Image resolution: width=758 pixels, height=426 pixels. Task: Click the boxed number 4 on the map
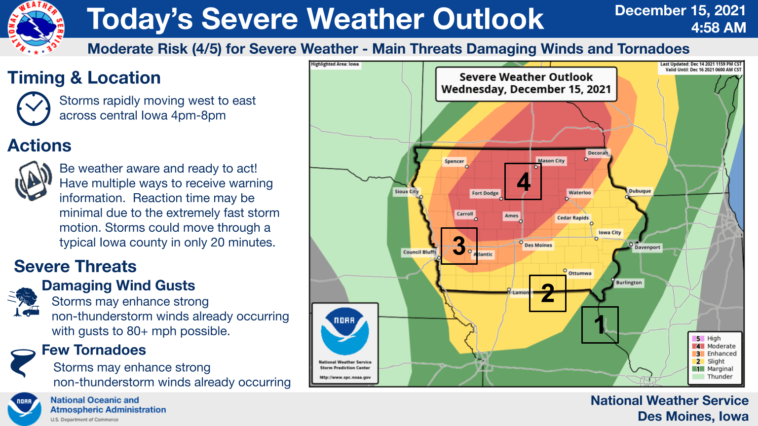pos(523,181)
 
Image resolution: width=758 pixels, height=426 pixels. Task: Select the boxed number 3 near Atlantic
pos(459,246)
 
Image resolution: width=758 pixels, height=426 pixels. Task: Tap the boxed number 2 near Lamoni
pos(547,293)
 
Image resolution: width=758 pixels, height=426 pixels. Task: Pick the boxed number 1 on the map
pos(600,325)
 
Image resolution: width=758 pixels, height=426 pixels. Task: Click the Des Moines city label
pos(538,245)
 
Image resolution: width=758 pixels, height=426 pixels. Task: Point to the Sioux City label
pos(407,191)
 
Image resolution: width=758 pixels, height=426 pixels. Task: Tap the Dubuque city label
pos(640,191)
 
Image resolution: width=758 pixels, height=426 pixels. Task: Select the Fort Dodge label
pos(485,193)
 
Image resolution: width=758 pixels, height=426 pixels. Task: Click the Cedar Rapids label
pos(573,217)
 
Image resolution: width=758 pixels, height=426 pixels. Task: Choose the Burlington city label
pos(629,283)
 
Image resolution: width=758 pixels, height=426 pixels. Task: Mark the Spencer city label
pos(454,161)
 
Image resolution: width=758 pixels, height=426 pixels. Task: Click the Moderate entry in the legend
pos(721,346)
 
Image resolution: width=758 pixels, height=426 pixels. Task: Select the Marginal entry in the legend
pos(720,369)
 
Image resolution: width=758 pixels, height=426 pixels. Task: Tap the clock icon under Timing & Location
pos(34,108)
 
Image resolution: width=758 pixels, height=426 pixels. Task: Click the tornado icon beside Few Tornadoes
pos(23,363)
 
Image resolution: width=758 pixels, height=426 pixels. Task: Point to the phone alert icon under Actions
pos(33,181)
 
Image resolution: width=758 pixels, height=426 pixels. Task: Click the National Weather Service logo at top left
pos(36,28)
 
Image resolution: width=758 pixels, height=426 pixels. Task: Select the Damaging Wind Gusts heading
pos(118,285)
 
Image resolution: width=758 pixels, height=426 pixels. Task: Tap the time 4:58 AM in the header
pos(719,28)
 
